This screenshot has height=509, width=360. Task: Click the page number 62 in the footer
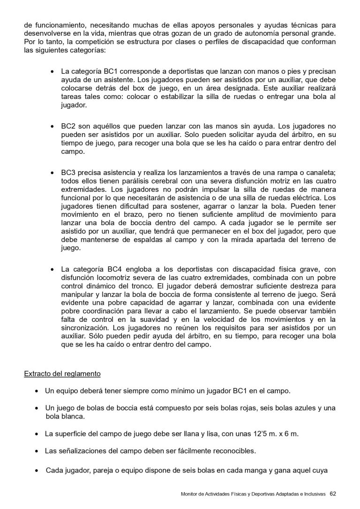click(333, 494)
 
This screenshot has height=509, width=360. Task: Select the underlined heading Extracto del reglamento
click(62, 374)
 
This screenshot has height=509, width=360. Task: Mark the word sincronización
click(86, 328)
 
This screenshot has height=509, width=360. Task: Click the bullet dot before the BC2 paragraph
click(52, 127)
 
